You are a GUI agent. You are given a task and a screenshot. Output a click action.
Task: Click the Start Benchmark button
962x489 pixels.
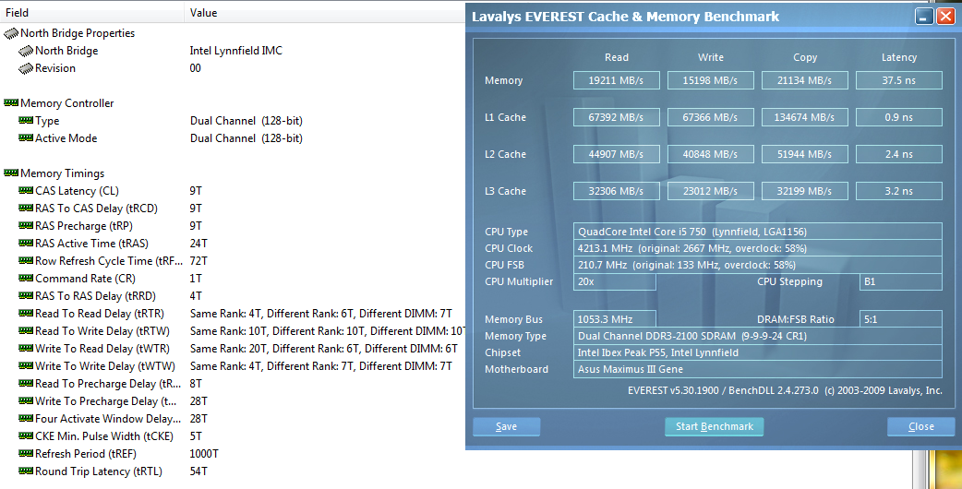(x=715, y=426)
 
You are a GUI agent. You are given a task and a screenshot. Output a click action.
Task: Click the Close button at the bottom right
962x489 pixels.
(x=920, y=426)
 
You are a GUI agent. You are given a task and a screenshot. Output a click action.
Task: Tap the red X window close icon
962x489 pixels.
(x=945, y=17)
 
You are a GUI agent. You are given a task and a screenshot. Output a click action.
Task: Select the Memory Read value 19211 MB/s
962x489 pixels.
(x=617, y=80)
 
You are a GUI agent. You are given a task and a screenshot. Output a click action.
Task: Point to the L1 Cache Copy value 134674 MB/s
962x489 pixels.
(x=805, y=117)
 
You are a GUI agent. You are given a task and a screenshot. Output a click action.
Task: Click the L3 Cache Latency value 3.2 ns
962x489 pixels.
(x=899, y=191)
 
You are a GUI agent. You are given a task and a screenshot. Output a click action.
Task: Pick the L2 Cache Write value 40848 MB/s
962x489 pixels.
(x=711, y=154)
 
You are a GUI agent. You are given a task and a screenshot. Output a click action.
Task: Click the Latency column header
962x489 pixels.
(x=899, y=57)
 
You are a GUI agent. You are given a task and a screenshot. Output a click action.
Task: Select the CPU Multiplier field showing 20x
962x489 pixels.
(x=615, y=282)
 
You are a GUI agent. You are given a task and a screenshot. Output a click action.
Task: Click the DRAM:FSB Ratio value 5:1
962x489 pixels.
(x=901, y=319)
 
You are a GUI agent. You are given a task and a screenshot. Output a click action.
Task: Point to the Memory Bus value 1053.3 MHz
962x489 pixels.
(x=615, y=319)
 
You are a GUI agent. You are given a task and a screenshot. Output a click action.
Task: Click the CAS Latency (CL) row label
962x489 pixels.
(x=77, y=191)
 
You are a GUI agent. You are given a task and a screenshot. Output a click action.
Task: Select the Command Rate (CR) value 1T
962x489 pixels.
(x=196, y=279)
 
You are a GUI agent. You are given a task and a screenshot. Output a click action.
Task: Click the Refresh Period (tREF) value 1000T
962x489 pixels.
(x=204, y=453)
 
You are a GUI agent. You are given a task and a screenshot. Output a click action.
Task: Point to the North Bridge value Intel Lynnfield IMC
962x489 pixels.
(x=236, y=51)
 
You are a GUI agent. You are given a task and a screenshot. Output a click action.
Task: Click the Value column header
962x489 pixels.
(x=204, y=13)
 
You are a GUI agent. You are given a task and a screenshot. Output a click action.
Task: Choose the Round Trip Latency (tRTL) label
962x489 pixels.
(x=99, y=471)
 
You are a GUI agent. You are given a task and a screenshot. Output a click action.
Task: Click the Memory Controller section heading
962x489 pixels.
(x=66, y=103)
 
